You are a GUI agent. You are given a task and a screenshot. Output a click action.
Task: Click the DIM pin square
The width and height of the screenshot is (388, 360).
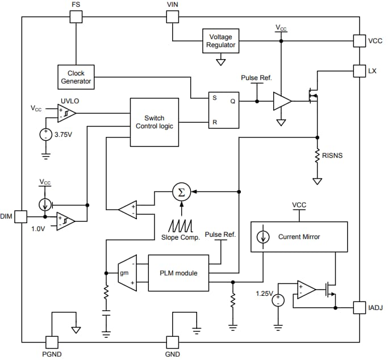(21, 216)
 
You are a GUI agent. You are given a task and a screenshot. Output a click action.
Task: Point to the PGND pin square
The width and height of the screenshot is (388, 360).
(52, 342)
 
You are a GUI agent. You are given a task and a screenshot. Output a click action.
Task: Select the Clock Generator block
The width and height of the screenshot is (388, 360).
(76, 77)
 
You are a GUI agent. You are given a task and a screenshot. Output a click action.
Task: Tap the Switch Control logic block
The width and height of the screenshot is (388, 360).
(155, 122)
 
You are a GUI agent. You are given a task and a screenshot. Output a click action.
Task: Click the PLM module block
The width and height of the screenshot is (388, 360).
(179, 273)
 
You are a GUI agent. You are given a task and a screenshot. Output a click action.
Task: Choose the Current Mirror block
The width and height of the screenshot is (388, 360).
(299, 237)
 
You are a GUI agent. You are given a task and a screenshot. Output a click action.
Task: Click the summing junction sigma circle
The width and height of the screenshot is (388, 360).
(181, 192)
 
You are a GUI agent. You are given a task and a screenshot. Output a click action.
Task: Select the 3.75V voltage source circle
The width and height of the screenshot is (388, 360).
(45, 136)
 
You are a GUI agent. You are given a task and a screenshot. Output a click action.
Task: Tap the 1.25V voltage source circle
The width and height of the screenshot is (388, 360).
(278, 299)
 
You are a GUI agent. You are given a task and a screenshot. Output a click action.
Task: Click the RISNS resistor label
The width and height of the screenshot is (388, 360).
(333, 155)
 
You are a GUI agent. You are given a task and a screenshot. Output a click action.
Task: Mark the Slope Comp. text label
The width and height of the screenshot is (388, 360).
(181, 237)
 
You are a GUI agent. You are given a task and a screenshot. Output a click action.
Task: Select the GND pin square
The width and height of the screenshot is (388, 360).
(172, 342)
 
